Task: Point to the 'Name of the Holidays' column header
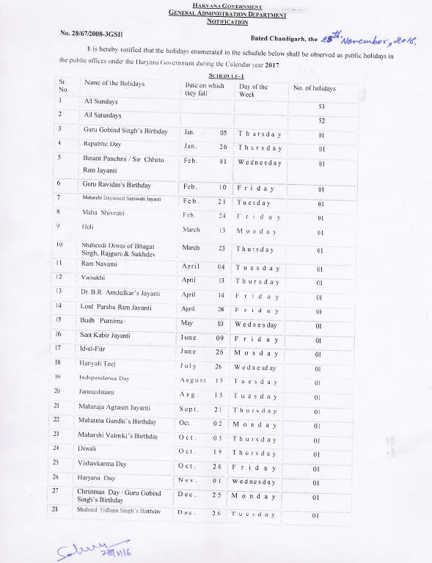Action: click(114, 84)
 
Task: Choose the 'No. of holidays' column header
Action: click(314, 88)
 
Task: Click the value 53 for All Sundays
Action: click(321, 106)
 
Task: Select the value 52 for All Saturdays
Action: click(321, 120)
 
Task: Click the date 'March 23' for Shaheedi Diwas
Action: click(201, 248)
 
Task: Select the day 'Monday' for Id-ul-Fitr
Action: click(255, 352)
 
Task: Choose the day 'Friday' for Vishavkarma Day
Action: click(255, 468)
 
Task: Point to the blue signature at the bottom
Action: click(81, 550)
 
